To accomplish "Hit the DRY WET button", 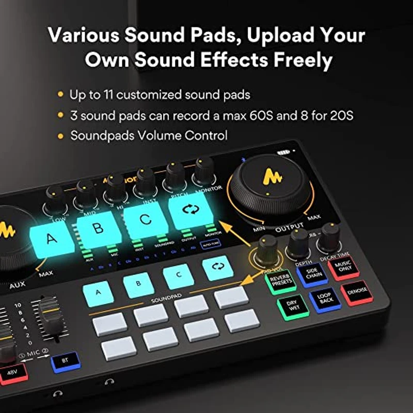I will tap(293, 307).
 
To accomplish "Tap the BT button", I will tap(65, 361).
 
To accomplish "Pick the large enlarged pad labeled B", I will tap(99, 227).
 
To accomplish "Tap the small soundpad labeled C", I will tap(178, 276).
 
